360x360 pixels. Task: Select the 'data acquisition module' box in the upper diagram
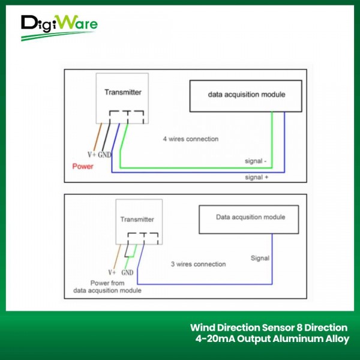coord(246,95)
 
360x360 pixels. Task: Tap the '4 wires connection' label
coord(191,139)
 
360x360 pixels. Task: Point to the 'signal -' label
coord(258,161)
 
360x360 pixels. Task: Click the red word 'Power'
coord(82,166)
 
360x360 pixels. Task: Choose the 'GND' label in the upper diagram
coord(106,154)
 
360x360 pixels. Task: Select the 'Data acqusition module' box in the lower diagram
coord(250,217)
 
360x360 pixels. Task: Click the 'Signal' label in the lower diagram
coord(260,259)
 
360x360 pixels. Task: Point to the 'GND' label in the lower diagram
coord(127,272)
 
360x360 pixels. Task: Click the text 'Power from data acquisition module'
coord(116,287)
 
